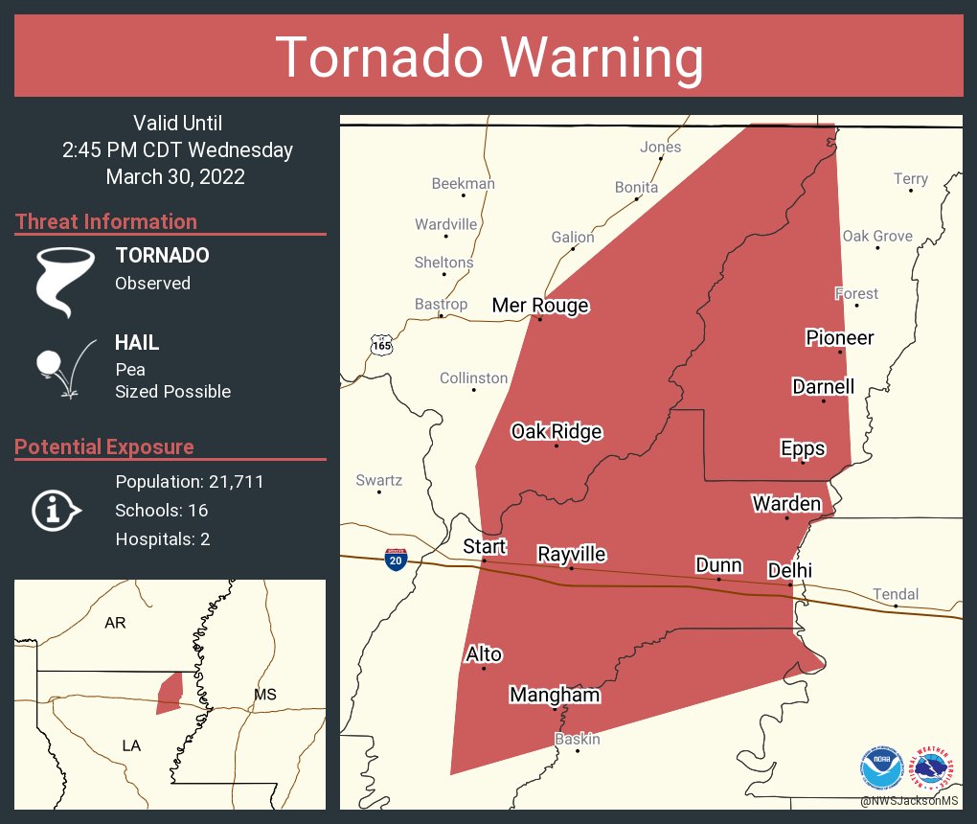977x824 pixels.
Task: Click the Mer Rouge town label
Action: pyautogui.click(x=539, y=306)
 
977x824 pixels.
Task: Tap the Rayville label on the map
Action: pyautogui.click(x=571, y=555)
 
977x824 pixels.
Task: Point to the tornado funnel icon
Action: pyautogui.click(x=64, y=281)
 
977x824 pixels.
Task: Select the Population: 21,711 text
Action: pyautogui.click(x=189, y=482)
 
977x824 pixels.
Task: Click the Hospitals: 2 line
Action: pyautogui.click(x=162, y=539)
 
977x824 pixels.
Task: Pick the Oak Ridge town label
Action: pyautogui.click(x=556, y=432)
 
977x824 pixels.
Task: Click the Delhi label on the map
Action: pyautogui.click(x=789, y=571)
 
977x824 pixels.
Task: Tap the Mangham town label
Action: pyautogui.click(x=555, y=695)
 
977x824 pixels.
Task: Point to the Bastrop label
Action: pyautogui.click(x=441, y=305)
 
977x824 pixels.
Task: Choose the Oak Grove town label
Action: pyautogui.click(x=876, y=237)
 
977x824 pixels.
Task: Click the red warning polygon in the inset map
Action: pyautogui.click(x=170, y=693)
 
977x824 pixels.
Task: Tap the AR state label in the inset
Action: pyautogui.click(x=115, y=623)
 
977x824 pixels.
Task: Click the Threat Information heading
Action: pyautogui.click(x=106, y=222)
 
